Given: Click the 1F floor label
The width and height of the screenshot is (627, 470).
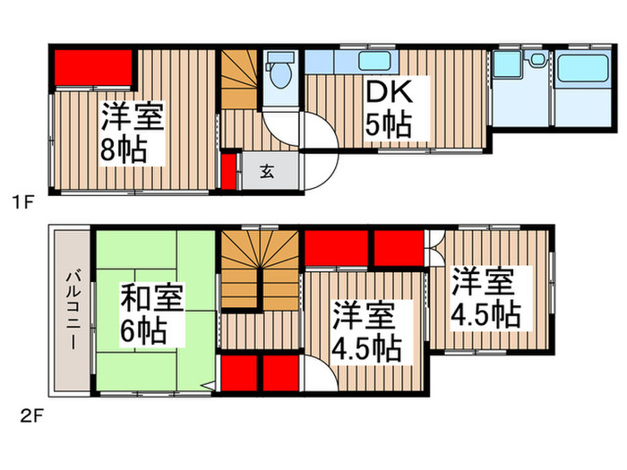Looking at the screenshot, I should pyautogui.click(x=22, y=202).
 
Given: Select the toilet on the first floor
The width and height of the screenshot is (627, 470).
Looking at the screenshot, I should pyautogui.click(x=279, y=73).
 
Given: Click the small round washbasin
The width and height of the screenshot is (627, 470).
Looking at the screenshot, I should pyautogui.click(x=537, y=59).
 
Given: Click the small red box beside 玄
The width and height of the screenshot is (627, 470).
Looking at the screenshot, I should pyautogui.click(x=229, y=171).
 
